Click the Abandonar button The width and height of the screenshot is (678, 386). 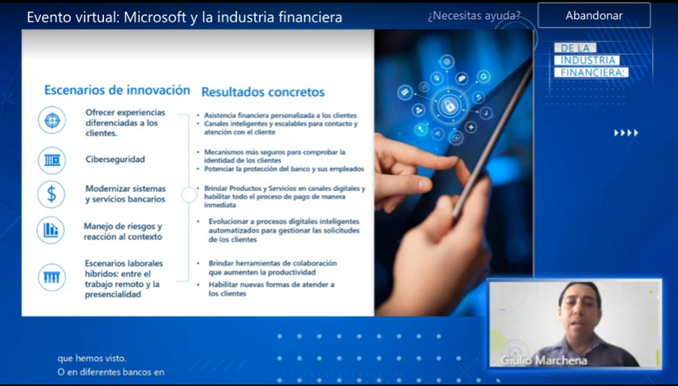[x=594, y=15]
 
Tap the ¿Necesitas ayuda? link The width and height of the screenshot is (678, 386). [x=474, y=16]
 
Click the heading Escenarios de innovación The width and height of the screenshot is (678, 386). [x=117, y=89]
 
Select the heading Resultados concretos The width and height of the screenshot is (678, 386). [x=263, y=92]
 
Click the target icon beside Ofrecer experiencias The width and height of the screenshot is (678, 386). [x=52, y=120]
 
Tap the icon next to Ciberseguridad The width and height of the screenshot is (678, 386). [x=52, y=160]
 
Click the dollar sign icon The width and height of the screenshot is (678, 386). [x=52, y=194]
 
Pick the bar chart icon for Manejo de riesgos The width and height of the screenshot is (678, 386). [x=51, y=230]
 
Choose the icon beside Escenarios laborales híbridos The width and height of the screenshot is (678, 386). [x=52, y=277]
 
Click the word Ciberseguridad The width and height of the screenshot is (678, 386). [x=115, y=160]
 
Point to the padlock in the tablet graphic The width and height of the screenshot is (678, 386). [x=450, y=105]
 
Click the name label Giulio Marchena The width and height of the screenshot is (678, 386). [x=544, y=360]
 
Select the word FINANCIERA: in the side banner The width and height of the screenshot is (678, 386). [x=592, y=72]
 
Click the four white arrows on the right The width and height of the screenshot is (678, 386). [x=626, y=133]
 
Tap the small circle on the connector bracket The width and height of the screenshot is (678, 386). [x=189, y=195]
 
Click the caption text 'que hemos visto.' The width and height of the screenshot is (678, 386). [x=92, y=359]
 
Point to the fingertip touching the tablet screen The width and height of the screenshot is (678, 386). [x=454, y=161]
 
